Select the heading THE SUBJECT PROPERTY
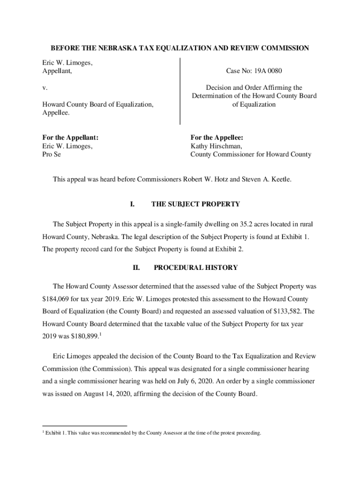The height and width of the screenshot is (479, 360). [195, 204]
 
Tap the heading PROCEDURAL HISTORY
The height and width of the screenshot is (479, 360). [195, 268]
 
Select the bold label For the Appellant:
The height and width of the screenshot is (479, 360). [70, 138]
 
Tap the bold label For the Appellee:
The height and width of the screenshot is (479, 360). [216, 138]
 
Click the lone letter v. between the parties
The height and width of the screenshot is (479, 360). [44, 88]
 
